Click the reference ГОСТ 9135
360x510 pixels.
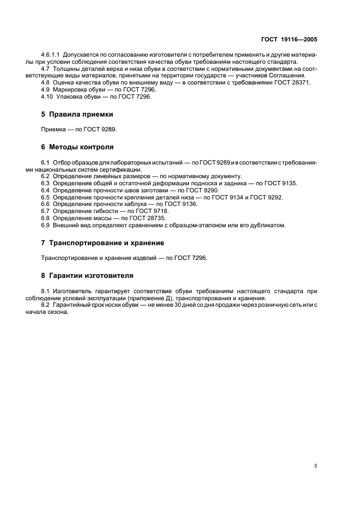pyautogui.click(x=282, y=183)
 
